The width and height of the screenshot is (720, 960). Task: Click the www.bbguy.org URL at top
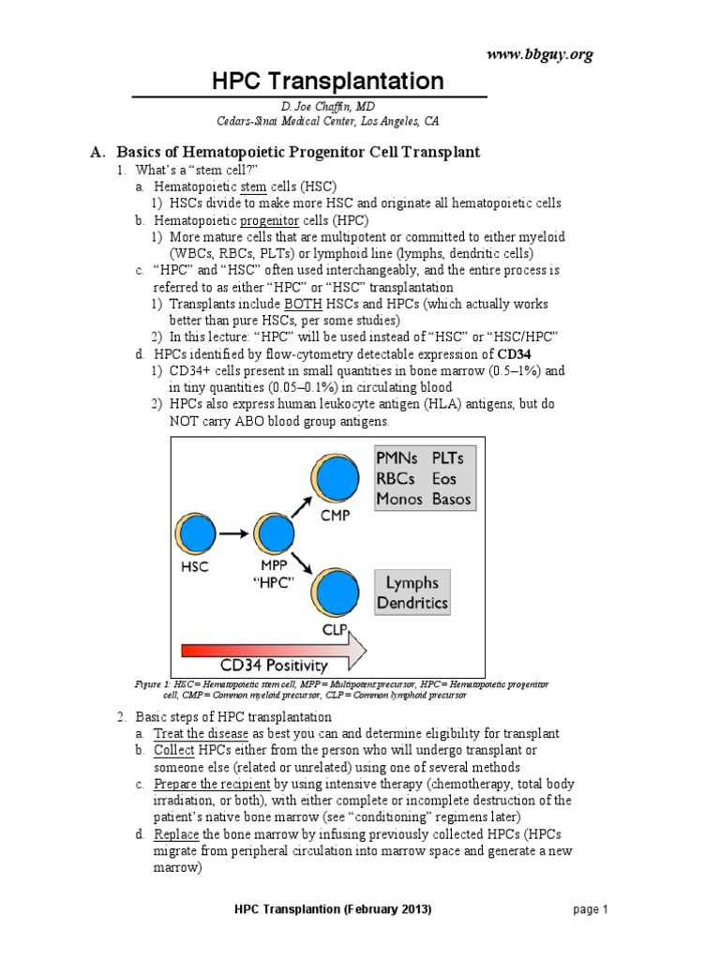[x=539, y=54]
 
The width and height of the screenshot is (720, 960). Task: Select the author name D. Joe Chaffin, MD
[x=309, y=107]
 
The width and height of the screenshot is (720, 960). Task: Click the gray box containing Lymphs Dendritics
[x=412, y=592]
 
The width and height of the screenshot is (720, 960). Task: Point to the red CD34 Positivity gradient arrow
[x=273, y=652]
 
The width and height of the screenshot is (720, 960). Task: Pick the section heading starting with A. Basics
[x=298, y=151]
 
